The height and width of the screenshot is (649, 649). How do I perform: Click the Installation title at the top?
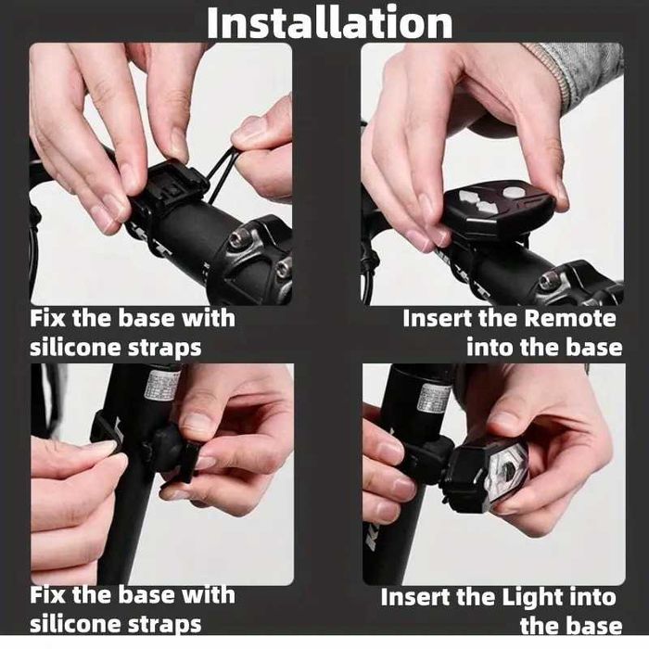point(329,22)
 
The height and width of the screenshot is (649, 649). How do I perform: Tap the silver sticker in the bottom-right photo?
point(434,396)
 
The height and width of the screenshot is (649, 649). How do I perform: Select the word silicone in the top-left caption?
point(75,349)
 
